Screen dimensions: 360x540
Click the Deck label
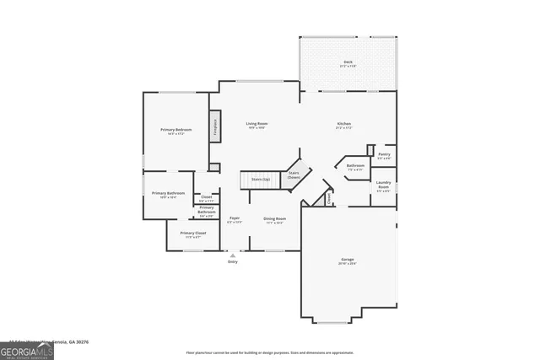pos(348,62)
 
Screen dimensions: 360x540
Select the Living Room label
pos(256,125)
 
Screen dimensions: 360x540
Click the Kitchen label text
pos(343,125)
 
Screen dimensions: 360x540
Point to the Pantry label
pos(384,154)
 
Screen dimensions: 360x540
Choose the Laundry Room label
pos(383,184)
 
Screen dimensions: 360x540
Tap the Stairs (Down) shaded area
pos(293,175)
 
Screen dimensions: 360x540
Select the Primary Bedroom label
pos(176,129)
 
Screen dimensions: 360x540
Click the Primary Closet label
pos(193,234)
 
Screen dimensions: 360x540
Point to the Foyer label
pos(235,218)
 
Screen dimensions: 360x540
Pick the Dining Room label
pos(275,218)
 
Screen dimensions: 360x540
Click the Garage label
pos(348,260)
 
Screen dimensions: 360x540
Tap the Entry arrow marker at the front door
pos(233,254)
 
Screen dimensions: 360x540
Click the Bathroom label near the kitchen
pos(355,165)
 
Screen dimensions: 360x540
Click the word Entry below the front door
pos(233,261)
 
